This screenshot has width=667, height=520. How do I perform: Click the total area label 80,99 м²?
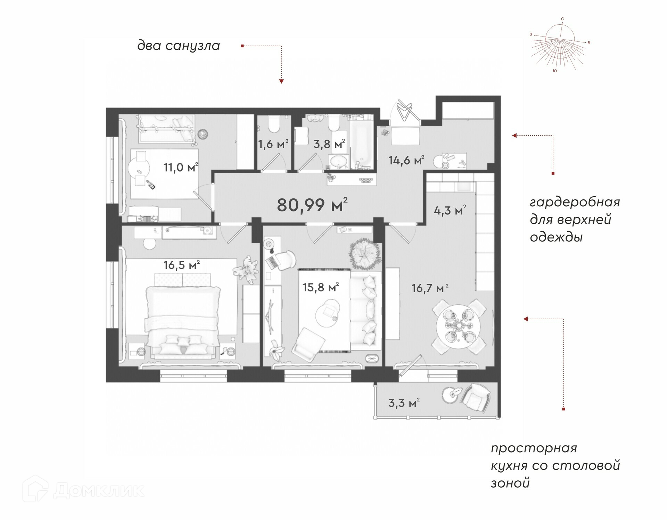312,205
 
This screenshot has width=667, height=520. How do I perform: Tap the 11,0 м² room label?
181,167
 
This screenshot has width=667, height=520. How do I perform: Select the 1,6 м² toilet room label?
273,144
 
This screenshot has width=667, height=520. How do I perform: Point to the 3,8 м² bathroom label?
329,144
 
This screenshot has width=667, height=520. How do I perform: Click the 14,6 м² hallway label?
406,160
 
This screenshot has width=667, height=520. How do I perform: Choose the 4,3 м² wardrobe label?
450,210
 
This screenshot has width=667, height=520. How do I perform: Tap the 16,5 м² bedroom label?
181,265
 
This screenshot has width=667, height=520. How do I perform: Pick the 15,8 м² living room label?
320,287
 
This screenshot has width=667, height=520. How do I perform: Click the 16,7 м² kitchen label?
430,288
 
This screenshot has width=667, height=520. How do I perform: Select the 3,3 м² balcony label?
404,403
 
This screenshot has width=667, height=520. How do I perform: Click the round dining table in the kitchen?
458,326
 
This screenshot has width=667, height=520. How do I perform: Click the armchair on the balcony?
476,398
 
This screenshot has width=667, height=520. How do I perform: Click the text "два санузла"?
179,46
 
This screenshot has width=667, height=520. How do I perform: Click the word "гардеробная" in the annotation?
575,202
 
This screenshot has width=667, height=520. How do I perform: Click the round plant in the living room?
364,254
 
